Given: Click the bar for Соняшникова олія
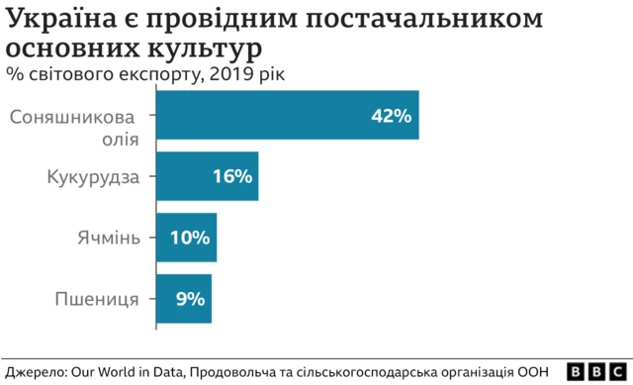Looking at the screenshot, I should coord(287,115).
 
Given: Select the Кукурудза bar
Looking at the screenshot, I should coord(207,176).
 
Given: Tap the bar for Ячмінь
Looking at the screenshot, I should coord(186,238).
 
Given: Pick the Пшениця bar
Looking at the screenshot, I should coord(183,298).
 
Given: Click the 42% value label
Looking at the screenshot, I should coord(391,116).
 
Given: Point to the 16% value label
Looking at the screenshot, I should coord(232,177).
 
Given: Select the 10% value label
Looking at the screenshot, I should coord(190,238).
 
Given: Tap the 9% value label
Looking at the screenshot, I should coord(190,298).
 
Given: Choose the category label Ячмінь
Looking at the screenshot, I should coord(110,238).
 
